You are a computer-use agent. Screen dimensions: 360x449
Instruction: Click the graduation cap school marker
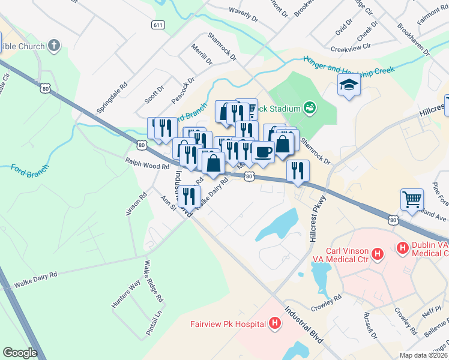[x=348, y=85]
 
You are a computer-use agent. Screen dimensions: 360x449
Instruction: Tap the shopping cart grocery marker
[x=412, y=199]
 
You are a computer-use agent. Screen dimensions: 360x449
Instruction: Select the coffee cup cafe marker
[x=262, y=151]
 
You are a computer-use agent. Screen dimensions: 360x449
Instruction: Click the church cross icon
[x=54, y=46]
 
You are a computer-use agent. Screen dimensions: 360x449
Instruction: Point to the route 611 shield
[x=158, y=25]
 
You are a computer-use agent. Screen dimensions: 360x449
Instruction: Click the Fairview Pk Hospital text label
[x=228, y=324]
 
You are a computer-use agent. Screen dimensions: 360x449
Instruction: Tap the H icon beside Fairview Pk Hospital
[x=275, y=324]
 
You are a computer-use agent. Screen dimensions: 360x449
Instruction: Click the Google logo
[x=20, y=352]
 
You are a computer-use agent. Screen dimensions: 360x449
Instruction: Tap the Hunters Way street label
[x=125, y=294]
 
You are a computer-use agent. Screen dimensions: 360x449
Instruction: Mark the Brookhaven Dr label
[x=413, y=40]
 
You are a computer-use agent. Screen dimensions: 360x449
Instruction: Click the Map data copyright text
[x=423, y=355]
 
